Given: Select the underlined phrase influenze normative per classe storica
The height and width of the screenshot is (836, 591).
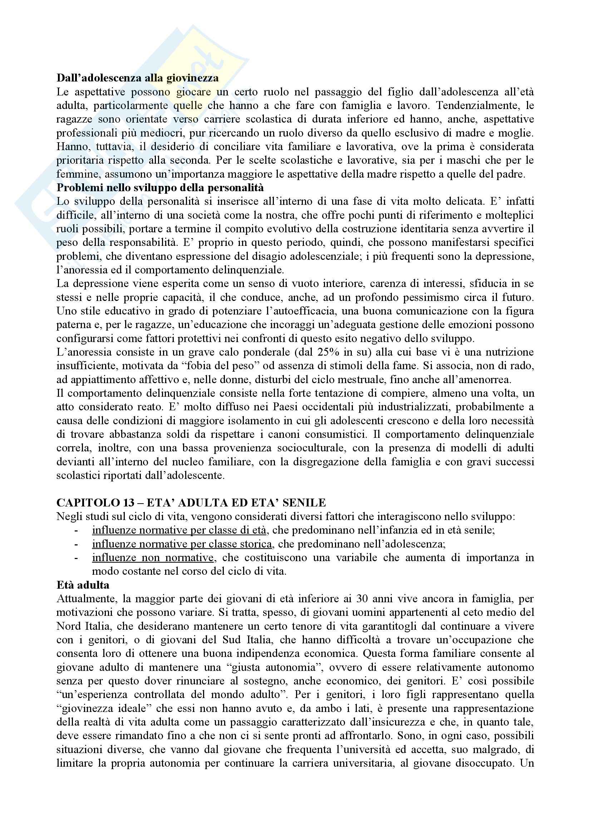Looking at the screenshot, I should (x=182, y=544).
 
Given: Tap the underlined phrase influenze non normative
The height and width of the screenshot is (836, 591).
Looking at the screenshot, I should (x=153, y=558).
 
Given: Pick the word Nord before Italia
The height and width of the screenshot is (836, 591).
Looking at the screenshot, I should (x=69, y=626).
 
